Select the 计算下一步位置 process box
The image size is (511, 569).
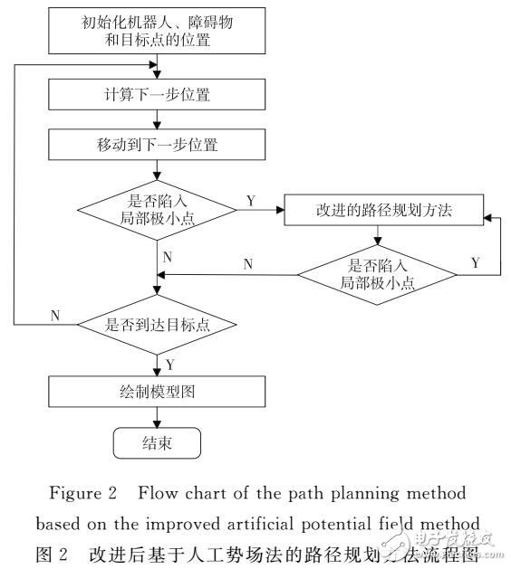click(159, 93)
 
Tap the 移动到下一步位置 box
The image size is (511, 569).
click(159, 143)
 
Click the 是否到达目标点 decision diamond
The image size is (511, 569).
click(158, 324)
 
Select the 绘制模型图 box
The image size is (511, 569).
click(159, 393)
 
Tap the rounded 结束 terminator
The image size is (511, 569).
click(159, 443)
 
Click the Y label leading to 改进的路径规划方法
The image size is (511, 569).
click(251, 201)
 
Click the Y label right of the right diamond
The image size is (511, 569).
click(476, 262)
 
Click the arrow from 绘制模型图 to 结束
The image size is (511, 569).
click(159, 417)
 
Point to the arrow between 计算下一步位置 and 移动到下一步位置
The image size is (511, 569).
click(159, 118)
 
